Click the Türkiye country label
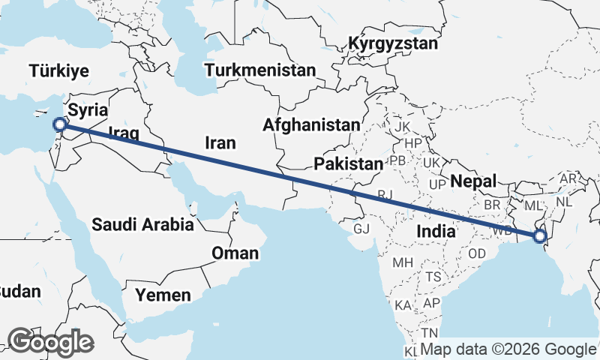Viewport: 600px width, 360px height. point(60,71)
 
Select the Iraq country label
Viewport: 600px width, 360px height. point(124,135)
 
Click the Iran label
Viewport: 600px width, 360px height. point(220,142)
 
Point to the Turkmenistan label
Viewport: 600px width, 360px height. point(260,70)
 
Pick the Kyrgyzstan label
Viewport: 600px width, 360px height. point(392,44)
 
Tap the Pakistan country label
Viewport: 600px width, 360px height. point(349,163)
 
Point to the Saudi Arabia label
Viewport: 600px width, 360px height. point(143,223)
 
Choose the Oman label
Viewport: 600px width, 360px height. point(235,253)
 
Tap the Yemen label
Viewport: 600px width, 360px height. point(163,295)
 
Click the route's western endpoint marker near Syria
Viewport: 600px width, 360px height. point(60,125)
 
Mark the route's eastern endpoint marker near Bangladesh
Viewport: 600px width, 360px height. point(539,237)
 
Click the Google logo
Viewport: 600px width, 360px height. point(50,342)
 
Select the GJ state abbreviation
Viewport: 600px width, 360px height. point(362,228)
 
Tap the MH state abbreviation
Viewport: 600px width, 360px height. point(403,262)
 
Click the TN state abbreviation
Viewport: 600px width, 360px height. point(430,332)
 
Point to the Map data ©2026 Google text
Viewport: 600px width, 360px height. point(508,349)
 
